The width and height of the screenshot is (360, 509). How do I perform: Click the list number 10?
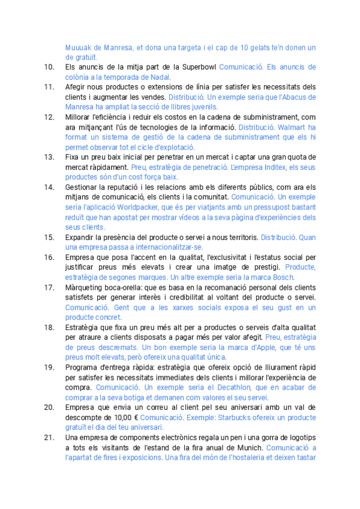coord(49,67)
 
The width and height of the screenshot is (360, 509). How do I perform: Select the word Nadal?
coord(161,77)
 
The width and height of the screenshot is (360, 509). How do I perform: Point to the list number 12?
coord(49,117)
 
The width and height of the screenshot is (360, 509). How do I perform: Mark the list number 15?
coord(49,237)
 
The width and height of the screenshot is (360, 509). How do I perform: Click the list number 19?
coord(49,367)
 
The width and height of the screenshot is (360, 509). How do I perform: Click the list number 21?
coord(49,438)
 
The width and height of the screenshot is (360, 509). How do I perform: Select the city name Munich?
coord(248,448)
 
